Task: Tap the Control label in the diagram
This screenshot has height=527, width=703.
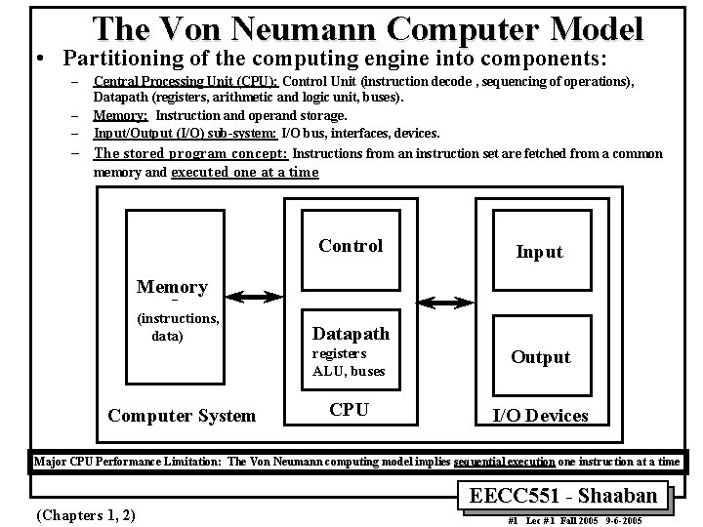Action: tap(351, 246)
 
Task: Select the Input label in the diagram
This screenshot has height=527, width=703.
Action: tap(539, 252)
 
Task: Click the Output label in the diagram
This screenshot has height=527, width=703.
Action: tap(540, 357)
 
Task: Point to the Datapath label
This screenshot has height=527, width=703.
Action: tap(350, 334)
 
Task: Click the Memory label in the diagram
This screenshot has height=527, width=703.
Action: tap(172, 287)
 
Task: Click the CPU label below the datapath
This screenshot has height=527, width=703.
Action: tap(349, 410)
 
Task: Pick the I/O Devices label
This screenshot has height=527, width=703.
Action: tap(540, 416)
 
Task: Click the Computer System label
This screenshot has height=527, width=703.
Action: tap(182, 416)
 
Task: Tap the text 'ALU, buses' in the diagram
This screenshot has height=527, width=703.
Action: tap(349, 371)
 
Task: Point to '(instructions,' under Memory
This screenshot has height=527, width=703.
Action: tap(178, 317)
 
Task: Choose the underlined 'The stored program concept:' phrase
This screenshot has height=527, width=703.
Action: tap(190, 153)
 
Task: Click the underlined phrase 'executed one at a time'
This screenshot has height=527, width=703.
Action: tap(245, 172)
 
